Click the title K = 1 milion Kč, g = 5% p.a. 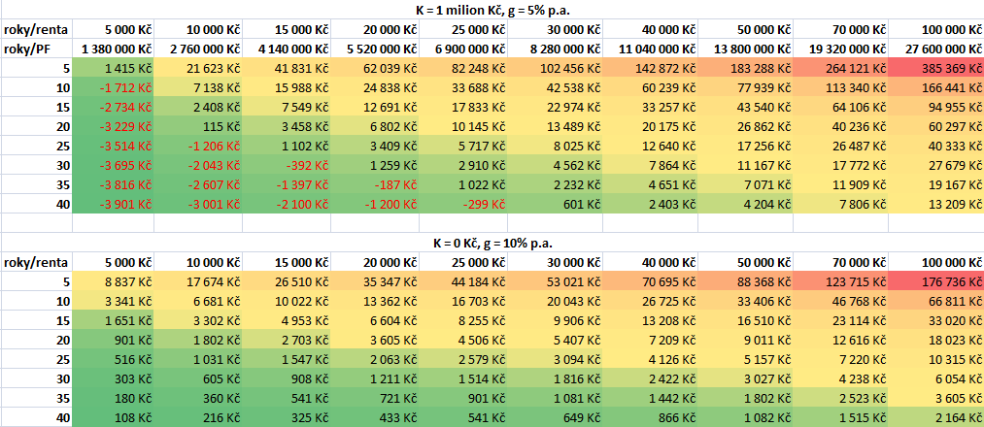click(492, 10)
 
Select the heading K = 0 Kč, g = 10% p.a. click(492, 243)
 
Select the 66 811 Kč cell click(946, 302)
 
